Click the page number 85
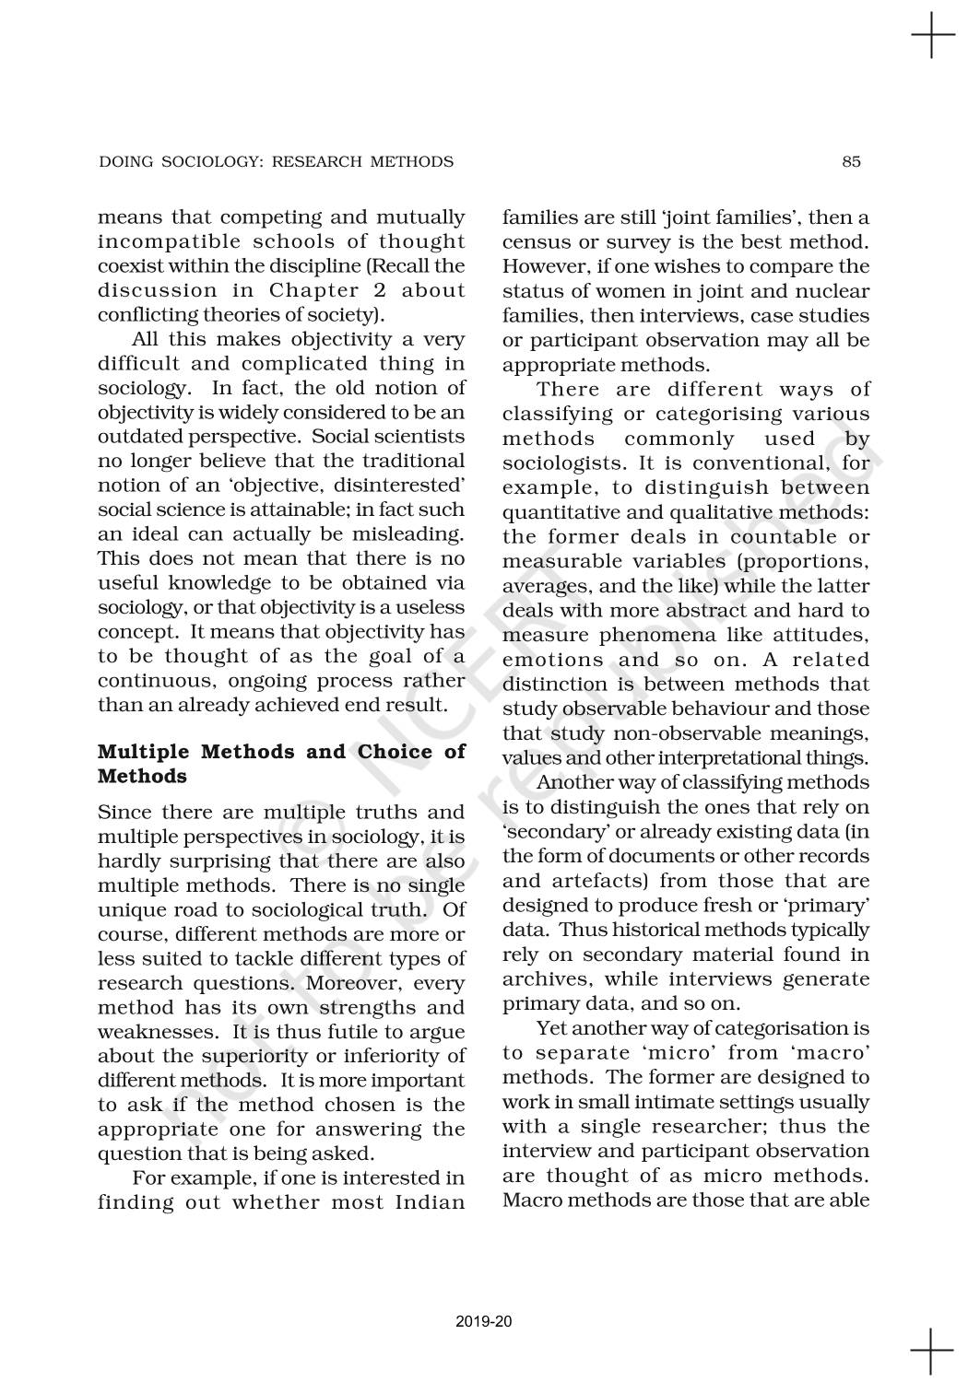click(x=851, y=162)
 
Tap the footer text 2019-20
click(x=484, y=1322)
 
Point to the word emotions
click(x=551, y=660)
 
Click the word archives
click(x=539, y=979)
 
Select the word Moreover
click(x=355, y=983)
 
